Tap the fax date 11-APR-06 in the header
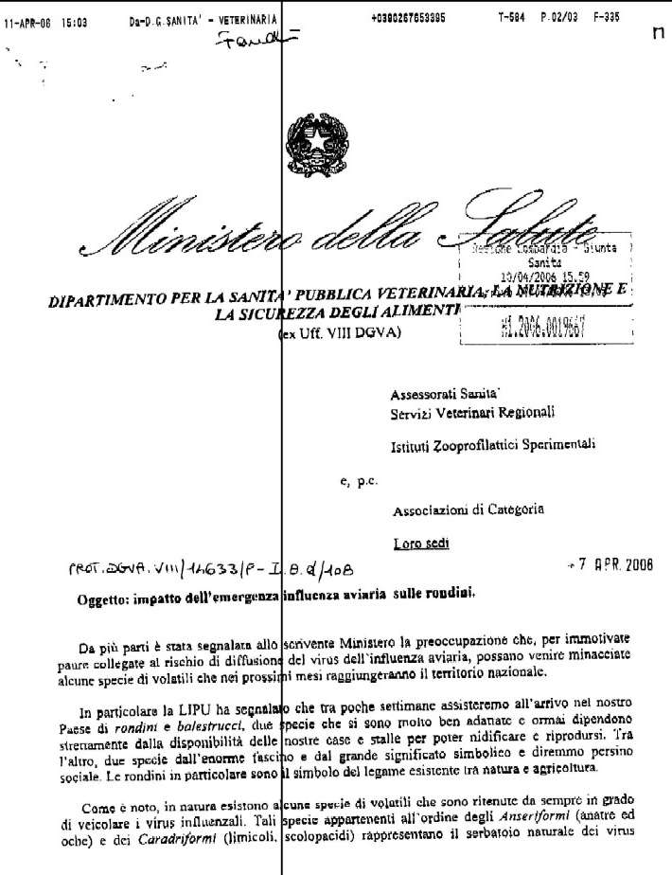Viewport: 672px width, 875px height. click(x=27, y=19)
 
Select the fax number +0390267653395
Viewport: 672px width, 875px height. click(x=414, y=19)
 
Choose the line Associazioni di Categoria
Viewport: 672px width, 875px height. click(x=468, y=509)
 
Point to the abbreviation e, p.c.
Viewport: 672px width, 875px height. click(x=358, y=481)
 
